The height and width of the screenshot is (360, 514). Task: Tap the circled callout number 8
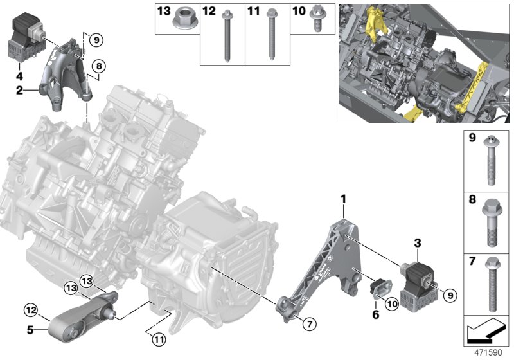[x=98, y=66]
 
